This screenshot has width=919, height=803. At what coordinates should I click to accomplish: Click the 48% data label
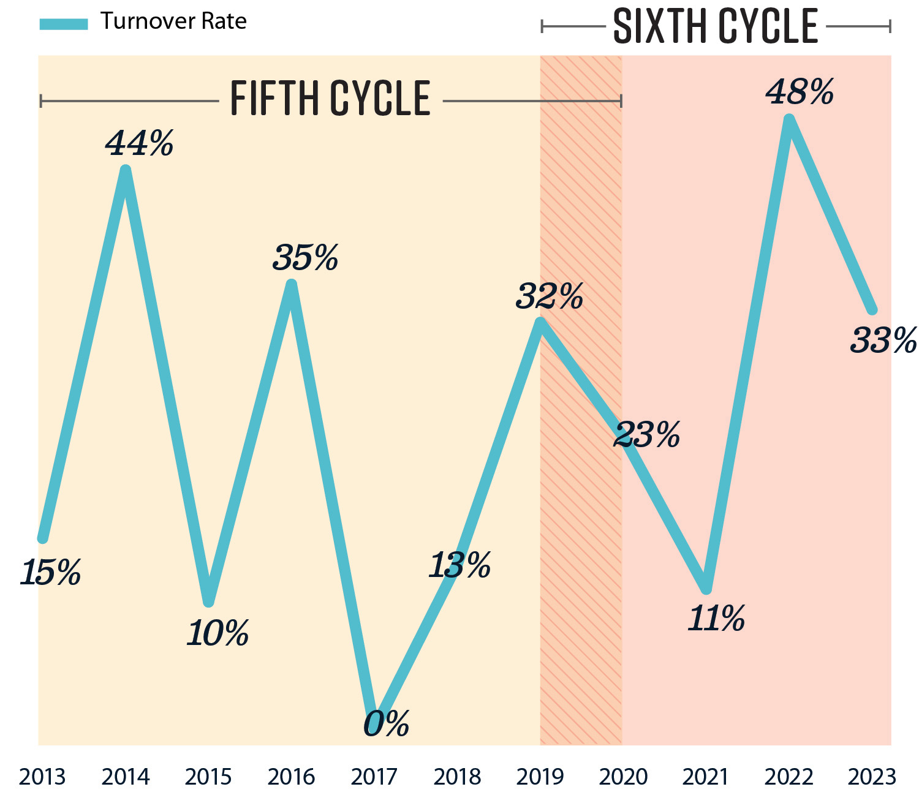point(800,93)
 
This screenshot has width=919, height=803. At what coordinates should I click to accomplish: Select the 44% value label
point(140,144)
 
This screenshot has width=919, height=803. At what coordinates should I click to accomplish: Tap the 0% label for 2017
point(386,725)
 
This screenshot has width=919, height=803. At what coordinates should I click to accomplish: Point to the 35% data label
point(305,258)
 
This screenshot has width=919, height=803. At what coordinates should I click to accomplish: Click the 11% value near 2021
point(716,619)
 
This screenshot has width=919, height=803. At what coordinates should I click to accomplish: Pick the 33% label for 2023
point(883,341)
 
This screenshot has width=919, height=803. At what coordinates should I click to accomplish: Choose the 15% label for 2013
point(50,573)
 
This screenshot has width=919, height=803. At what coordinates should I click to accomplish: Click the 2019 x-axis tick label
point(540,777)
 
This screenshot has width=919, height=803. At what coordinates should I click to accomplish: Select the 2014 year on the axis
point(126,777)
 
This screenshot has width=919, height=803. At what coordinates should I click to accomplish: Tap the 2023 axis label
point(872,777)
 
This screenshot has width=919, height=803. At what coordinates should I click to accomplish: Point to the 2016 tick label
point(291,777)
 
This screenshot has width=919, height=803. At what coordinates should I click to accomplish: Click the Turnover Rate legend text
point(173,21)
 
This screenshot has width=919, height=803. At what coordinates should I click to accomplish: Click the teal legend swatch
point(64,24)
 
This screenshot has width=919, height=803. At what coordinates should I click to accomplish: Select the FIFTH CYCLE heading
point(330,99)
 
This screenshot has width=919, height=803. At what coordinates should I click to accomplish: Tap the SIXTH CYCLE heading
point(715,26)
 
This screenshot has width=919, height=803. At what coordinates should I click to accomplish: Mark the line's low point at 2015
point(208,601)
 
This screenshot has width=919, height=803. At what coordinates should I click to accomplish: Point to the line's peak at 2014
point(126,170)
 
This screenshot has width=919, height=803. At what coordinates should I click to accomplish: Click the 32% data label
point(549,297)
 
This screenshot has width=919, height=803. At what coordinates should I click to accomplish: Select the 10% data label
point(217,633)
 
